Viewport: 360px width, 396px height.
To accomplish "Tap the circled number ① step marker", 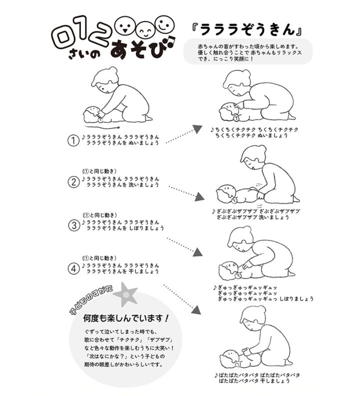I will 73,140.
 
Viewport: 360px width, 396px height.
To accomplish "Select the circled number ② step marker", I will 73,181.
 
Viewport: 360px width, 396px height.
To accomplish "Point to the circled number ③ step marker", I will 73,225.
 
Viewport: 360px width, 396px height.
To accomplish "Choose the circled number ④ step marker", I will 73,268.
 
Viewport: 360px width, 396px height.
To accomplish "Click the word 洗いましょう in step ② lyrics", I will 144,185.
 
